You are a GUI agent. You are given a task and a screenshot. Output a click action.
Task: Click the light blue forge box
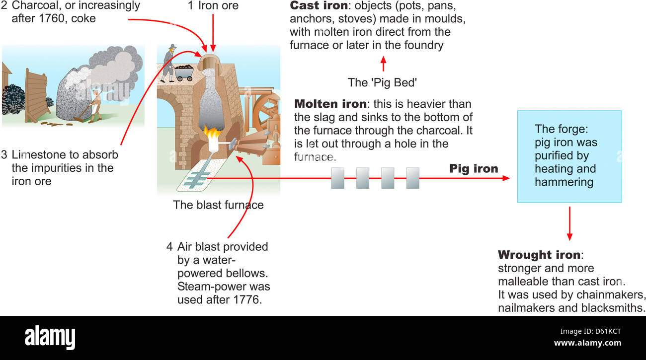(569, 156)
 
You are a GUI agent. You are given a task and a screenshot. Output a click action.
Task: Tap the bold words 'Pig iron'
(474, 169)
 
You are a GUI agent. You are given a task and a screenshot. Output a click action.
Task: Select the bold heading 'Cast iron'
(318, 6)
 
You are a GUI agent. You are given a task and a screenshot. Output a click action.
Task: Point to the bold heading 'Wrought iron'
(539, 255)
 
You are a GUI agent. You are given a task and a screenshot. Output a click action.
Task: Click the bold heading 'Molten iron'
(330, 104)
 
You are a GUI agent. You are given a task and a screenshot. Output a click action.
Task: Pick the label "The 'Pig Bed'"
(382, 82)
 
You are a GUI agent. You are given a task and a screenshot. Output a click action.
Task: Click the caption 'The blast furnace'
(218, 205)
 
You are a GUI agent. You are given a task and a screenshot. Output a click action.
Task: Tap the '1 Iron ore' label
(213, 6)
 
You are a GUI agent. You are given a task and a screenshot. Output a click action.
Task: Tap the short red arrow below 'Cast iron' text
(383, 64)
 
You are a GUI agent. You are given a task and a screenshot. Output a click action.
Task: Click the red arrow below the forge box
(569, 223)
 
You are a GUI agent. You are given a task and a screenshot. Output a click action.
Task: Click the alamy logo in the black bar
(50, 338)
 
